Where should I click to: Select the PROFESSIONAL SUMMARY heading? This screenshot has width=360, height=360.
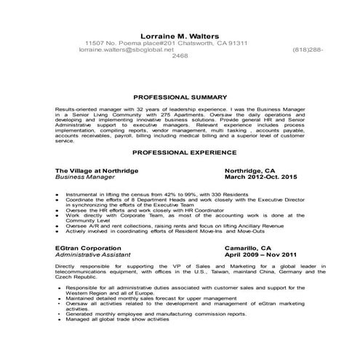(x=179, y=96)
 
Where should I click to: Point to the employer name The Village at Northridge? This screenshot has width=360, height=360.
(x=96, y=169)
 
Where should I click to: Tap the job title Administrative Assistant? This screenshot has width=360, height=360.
(x=92, y=255)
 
